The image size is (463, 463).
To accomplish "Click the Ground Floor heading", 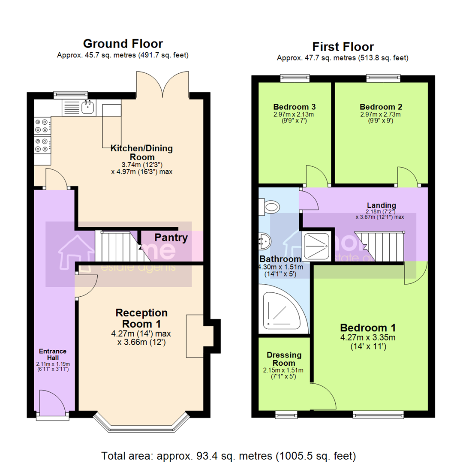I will point(123,43).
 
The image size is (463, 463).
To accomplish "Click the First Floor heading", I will point(343,46).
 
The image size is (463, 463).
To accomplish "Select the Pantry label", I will point(171,238).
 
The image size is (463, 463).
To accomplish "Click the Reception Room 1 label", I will point(141,318).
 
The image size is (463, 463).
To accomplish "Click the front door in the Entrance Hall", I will point(51,403).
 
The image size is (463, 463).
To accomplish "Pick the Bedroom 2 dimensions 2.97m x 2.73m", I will point(380,114).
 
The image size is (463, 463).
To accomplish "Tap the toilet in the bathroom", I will point(270,208).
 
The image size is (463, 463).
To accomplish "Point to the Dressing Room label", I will point(284,359).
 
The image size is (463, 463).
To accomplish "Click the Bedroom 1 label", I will point(368,328).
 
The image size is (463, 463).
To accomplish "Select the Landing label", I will point(381,205).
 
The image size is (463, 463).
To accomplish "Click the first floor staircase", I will point(380,247).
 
